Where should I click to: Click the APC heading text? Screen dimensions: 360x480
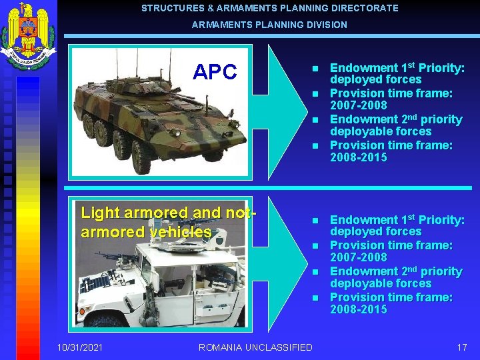215,72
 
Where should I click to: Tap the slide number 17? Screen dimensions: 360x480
462,347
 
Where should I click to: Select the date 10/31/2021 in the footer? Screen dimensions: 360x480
80,347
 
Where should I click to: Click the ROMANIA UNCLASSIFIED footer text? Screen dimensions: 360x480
255,347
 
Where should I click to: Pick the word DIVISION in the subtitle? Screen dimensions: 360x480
327,25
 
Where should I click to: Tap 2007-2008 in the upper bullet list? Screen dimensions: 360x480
359,105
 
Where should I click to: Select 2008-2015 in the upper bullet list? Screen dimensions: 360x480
359,158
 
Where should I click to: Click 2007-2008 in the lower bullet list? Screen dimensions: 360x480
359,257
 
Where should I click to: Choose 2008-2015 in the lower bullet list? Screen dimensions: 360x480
359,310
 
